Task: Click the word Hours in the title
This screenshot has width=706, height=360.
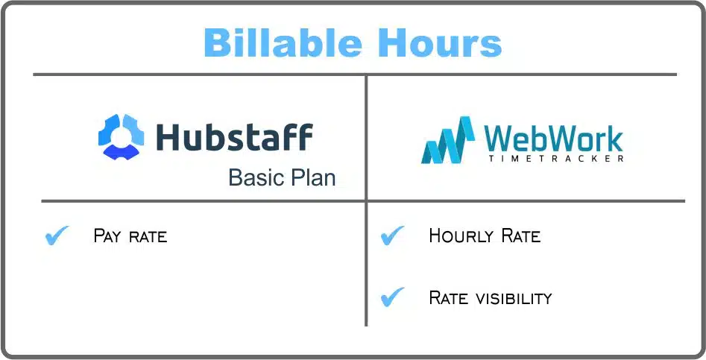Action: pos(440,42)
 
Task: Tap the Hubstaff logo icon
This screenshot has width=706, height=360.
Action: pos(121,137)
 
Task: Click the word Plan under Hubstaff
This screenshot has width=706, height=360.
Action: pos(312,177)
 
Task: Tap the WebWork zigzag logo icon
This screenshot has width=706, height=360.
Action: pos(448,140)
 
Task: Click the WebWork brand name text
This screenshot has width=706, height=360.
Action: pos(553,139)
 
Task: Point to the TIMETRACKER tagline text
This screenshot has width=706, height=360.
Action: pos(556,159)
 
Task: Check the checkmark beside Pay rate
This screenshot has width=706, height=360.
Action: pos(57,236)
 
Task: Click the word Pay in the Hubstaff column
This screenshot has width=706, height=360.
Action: pos(107,236)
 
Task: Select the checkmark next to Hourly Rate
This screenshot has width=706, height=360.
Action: pos(392,236)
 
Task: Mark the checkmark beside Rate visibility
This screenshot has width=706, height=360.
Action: pos(392,297)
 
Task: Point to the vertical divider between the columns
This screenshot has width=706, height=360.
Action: pos(366,200)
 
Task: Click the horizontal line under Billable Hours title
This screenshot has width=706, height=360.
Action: pos(355,75)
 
